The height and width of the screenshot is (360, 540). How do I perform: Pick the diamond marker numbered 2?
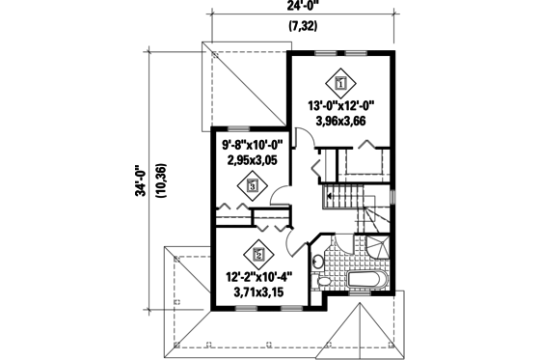point(258,255)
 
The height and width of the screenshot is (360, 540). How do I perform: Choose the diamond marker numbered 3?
point(252,186)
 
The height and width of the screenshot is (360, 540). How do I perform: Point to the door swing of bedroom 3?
point(281,195)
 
